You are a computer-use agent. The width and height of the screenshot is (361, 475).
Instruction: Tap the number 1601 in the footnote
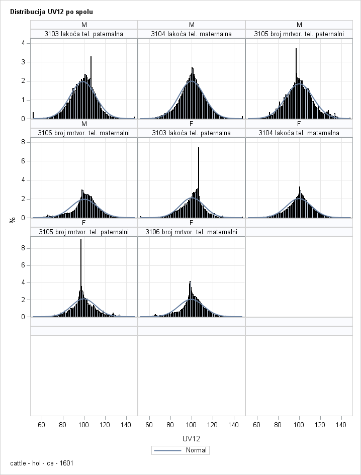coord(66,462)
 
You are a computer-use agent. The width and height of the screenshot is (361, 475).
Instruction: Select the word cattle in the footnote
coord(19,462)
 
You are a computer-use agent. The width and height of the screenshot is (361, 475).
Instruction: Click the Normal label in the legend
coord(196,450)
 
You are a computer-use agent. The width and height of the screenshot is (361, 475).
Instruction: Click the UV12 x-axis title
coord(192,439)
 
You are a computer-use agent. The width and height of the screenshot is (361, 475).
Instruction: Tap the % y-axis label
coord(13,220)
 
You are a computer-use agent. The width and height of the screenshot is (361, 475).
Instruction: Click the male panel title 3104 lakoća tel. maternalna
coord(192,34)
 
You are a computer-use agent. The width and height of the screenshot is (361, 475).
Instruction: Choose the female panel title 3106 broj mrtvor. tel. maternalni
coord(192,232)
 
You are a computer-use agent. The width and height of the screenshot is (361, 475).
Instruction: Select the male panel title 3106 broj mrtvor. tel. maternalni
coord(84,133)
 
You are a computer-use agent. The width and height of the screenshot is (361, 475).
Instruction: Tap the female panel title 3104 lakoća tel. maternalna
coord(299,133)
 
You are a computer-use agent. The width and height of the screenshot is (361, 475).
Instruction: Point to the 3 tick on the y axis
coord(23,62)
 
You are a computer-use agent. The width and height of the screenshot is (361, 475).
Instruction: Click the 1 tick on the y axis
coord(23,100)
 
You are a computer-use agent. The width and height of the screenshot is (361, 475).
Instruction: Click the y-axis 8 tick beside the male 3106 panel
coord(23,142)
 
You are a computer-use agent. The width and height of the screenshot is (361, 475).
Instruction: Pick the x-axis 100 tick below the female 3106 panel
coord(192,425)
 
